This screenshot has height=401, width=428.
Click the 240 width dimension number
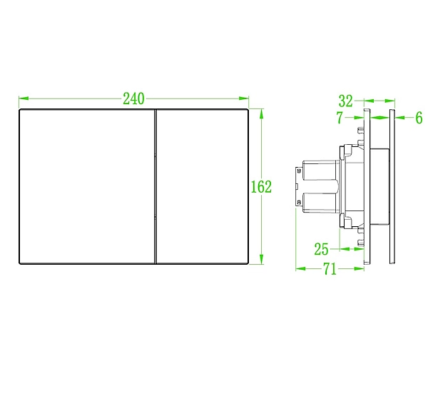(x=133, y=98)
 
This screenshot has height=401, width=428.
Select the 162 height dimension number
(x=261, y=187)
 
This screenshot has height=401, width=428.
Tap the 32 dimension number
(x=346, y=101)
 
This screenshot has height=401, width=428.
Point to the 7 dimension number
(x=340, y=118)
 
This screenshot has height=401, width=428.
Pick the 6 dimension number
(x=419, y=118)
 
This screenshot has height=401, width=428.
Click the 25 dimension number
(x=321, y=249)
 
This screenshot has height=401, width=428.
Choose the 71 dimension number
(x=330, y=269)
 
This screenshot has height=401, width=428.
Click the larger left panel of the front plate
(x=87, y=187)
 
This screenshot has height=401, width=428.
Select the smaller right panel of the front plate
(x=203, y=187)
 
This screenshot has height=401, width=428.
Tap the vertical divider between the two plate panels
(x=156, y=187)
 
